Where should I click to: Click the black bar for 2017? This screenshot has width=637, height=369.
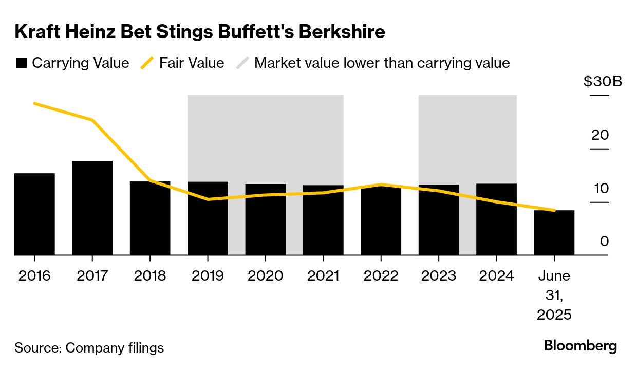point(92,208)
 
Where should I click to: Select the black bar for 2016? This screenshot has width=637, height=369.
point(34,214)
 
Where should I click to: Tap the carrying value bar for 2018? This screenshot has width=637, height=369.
point(150,218)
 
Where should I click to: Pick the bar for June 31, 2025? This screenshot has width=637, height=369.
point(554,233)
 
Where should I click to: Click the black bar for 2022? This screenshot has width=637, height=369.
point(381,221)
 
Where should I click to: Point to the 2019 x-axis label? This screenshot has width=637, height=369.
point(208,276)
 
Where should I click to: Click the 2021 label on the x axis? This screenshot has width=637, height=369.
point(323,276)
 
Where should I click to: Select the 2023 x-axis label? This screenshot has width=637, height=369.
point(439,276)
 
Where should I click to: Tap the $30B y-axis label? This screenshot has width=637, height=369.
point(603,82)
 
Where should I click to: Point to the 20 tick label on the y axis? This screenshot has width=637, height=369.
point(600,135)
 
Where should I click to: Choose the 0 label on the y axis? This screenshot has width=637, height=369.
point(604,241)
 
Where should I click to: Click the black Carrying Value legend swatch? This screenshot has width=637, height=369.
point(21,63)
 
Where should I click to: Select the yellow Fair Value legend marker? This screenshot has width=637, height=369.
point(147,63)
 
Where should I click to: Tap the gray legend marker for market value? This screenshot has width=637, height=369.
point(242,63)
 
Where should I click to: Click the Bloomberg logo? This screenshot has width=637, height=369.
point(580,346)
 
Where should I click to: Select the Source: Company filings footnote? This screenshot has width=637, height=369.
point(89,348)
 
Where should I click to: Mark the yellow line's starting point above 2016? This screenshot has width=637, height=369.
point(34,103)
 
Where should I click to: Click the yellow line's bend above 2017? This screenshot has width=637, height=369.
point(92,120)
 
